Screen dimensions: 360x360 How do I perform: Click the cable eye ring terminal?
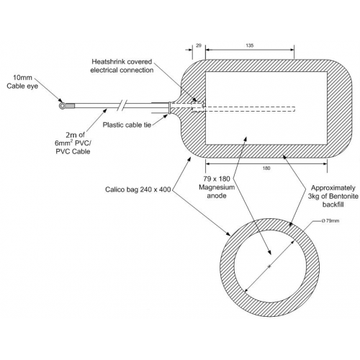[62, 105]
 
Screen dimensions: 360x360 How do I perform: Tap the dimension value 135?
[250, 45]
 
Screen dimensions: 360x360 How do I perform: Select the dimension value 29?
[199, 45]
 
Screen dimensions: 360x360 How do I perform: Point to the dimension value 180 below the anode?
[266, 168]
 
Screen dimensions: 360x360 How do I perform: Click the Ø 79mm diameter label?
[330, 221]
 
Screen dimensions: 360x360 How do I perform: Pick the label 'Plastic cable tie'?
[127, 125]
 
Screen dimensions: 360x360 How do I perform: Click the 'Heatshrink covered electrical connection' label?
[122, 66]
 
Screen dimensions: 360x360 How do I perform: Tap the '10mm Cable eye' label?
[22, 81]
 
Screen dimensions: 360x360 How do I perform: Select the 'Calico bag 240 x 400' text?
[138, 189]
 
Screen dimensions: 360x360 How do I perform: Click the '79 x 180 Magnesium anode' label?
[217, 187]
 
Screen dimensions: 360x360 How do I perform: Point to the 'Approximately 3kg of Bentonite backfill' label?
[333, 196]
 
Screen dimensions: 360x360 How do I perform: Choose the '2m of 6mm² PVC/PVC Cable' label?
[73, 143]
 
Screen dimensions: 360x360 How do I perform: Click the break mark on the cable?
[122, 105]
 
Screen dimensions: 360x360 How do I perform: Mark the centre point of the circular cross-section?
[269, 266]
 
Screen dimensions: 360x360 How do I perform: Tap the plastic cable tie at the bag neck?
[170, 107]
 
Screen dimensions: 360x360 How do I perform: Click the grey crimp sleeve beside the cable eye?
[70, 106]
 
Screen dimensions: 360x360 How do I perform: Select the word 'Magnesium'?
[217, 187]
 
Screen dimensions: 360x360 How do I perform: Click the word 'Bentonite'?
[343, 196]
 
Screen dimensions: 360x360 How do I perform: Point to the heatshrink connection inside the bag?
[197, 106]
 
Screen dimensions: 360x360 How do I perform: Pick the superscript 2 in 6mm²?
[71, 140]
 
